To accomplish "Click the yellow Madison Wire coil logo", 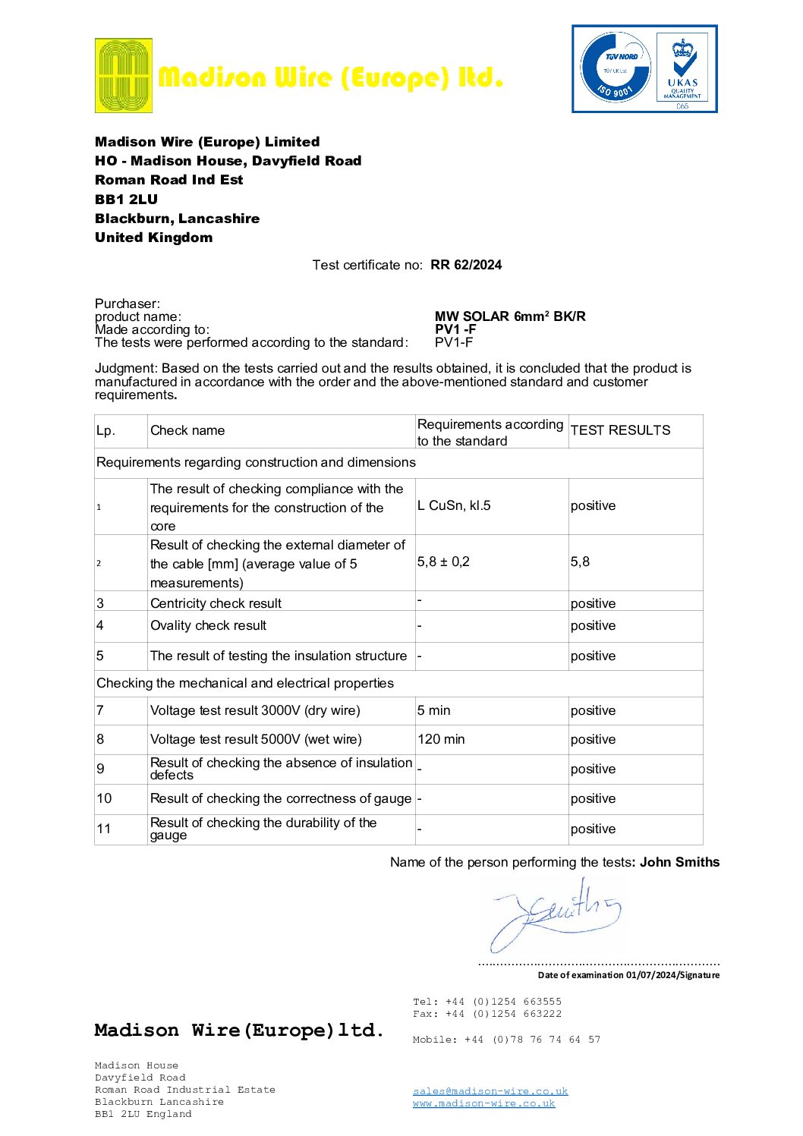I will [123, 76].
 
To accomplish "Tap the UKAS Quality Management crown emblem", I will [682, 69].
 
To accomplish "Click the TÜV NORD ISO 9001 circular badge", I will [616, 69].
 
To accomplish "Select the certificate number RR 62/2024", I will [466, 265].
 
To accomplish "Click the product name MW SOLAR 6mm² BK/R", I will [510, 316].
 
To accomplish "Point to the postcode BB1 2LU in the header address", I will [126, 200].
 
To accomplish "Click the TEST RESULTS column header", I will [620, 430].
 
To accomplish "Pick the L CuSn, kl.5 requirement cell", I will [454, 505].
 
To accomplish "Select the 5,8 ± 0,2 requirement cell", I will [443, 562].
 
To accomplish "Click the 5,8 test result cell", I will [580, 562].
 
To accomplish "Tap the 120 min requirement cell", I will [441, 739].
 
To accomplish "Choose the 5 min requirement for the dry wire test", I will [433, 710].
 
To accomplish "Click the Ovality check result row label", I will [208, 625].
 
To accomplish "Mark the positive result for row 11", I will [593, 829].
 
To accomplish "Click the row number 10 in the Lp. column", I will [104, 798].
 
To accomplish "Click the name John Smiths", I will [679, 862].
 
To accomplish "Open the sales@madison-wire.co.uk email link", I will [490, 1091].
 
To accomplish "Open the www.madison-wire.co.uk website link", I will [483, 1103].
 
